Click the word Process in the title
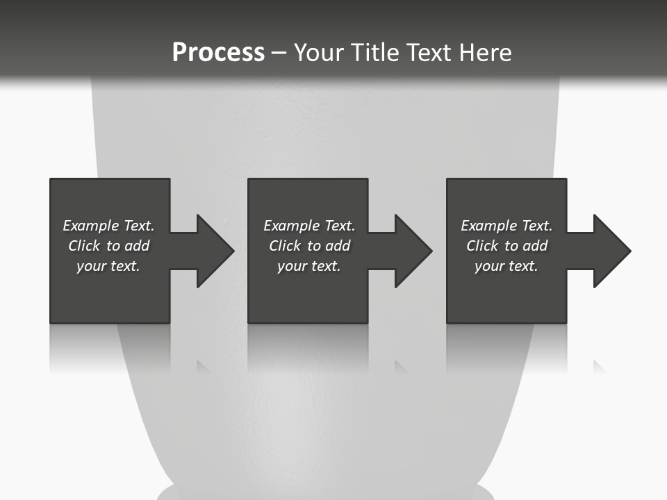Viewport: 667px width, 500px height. (218, 53)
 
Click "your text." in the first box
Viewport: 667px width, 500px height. (108, 266)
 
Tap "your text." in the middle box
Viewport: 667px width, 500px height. (309, 266)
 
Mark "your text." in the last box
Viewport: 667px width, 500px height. (507, 266)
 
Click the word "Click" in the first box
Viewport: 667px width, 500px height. (84, 246)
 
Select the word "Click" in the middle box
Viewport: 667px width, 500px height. (285, 246)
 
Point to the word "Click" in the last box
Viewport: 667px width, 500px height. (482, 246)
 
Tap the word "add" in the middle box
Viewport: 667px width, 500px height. (338, 246)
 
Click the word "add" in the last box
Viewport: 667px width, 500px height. (535, 246)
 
